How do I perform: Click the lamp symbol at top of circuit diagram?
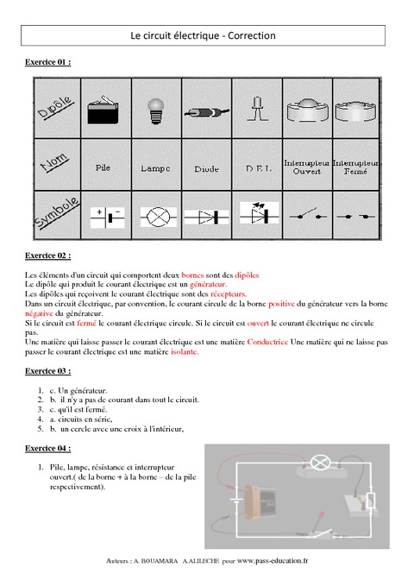[x=321, y=463]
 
